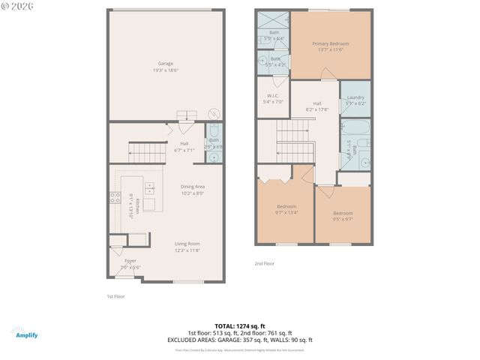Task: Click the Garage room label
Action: click(x=165, y=66)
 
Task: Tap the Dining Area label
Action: click(x=193, y=189)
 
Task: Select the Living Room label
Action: click(x=187, y=246)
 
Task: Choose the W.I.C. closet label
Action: click(x=273, y=98)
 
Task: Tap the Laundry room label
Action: click(x=355, y=100)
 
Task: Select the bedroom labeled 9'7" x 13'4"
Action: click(x=286, y=209)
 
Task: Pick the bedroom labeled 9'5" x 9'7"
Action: click(x=343, y=216)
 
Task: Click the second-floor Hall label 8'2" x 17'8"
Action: click(x=317, y=106)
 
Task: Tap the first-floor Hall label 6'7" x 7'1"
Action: click(x=184, y=146)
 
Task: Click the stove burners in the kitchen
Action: click(x=115, y=198)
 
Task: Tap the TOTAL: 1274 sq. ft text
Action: click(x=239, y=326)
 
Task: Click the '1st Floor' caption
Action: click(x=115, y=297)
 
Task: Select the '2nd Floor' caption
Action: click(x=264, y=263)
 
